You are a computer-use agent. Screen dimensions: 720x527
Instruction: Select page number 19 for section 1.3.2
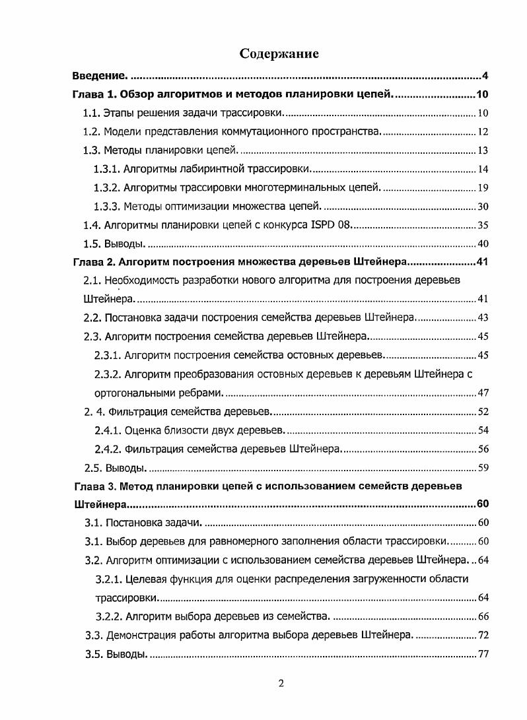click(x=482, y=188)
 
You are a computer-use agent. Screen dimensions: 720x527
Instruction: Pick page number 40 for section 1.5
click(x=482, y=244)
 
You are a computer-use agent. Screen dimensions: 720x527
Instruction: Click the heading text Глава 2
click(x=92, y=262)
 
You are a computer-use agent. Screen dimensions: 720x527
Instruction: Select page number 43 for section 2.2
click(x=482, y=318)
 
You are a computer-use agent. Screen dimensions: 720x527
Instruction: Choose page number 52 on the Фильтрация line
click(x=482, y=412)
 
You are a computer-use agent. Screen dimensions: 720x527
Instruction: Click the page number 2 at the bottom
click(x=281, y=684)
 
